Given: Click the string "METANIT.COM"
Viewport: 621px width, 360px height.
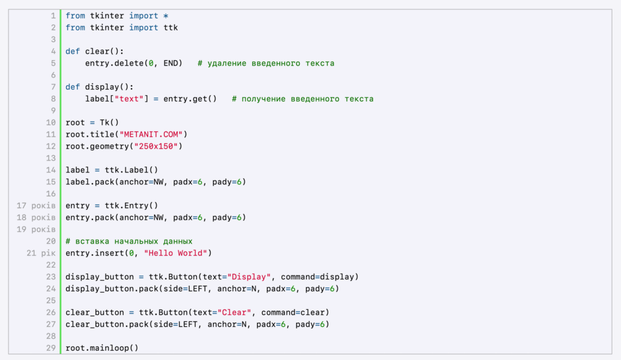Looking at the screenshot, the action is click(153, 135).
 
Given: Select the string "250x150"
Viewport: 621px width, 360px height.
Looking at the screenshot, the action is click(156, 147).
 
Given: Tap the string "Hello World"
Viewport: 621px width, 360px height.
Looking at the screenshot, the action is click(176, 253).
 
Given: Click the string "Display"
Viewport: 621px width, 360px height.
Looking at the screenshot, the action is click(248, 277).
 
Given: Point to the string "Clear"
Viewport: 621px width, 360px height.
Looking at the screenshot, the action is click(234, 312).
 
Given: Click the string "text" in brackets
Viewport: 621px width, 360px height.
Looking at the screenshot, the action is click(129, 99).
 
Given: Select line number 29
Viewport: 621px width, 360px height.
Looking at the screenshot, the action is click(51, 348).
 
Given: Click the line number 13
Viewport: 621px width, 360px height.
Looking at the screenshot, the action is click(51, 159).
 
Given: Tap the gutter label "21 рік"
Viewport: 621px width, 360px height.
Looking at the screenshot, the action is click(41, 253).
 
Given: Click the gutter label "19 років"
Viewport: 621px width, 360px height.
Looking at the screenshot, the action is click(36, 229).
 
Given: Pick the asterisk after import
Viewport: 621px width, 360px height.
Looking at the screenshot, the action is click(166, 17).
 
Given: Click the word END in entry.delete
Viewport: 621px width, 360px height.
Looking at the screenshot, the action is click(170, 63).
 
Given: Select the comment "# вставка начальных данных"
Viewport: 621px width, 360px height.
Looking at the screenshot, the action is click(129, 241).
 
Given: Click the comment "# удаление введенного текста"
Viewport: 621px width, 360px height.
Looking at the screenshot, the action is click(266, 63).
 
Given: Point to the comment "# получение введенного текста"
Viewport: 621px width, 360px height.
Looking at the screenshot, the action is click(303, 99).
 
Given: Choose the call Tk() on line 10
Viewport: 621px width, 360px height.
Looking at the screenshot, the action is click(109, 123).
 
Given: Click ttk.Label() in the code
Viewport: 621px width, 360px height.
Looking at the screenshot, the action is click(131, 170).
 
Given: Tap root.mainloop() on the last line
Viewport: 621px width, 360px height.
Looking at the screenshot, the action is click(102, 348).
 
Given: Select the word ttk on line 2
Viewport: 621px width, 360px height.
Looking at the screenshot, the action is click(170, 28).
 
